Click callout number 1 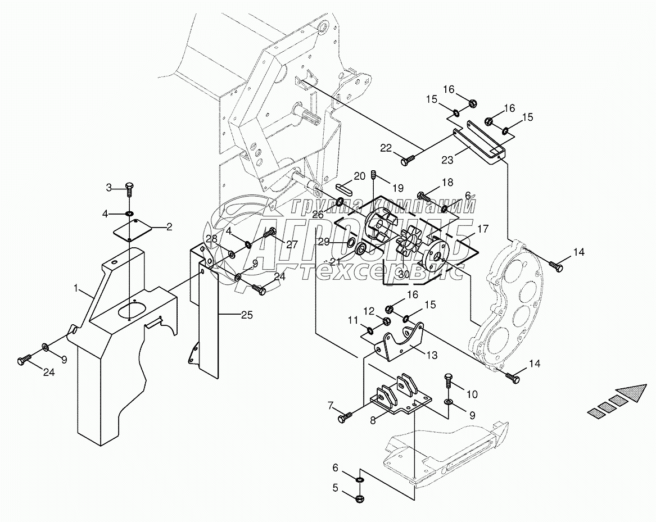(x=75, y=288)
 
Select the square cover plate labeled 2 (x=134, y=232)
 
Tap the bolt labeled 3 (x=129, y=188)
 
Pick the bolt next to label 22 (x=406, y=161)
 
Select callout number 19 (x=398, y=187)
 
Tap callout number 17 (x=483, y=229)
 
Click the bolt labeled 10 (x=449, y=378)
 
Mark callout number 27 (x=291, y=244)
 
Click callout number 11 (x=352, y=320)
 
